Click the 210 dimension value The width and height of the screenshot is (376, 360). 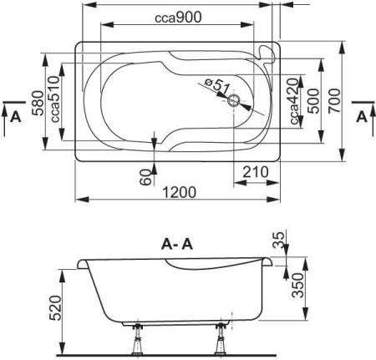255,172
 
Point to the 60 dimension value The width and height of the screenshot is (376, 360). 145,175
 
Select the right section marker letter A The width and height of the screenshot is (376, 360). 361,116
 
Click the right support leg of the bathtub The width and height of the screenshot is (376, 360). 222,340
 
